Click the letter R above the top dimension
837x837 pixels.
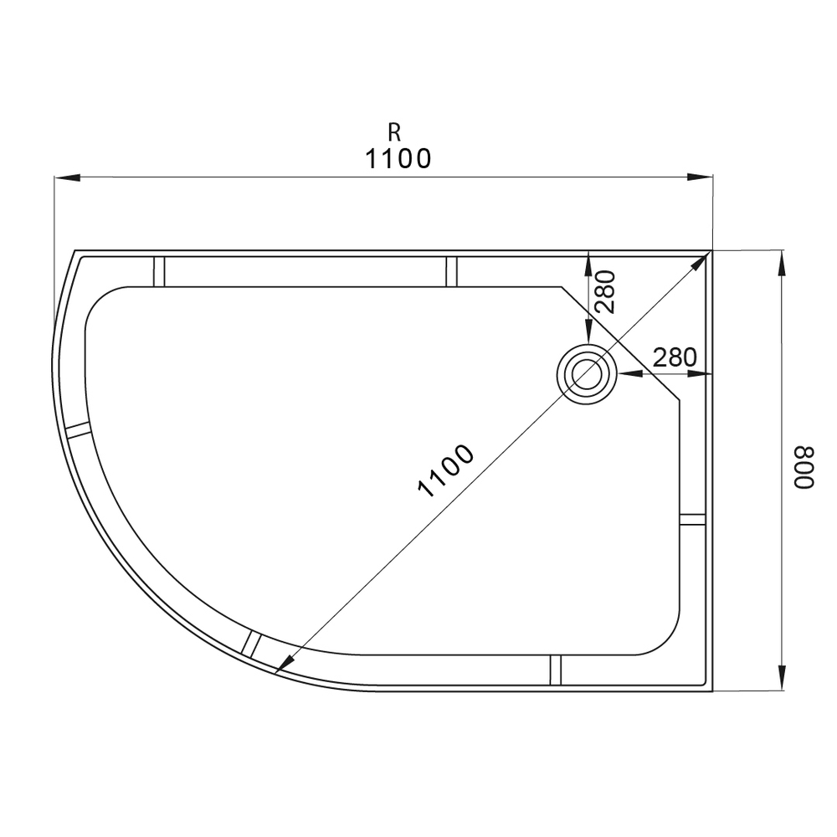click(394, 132)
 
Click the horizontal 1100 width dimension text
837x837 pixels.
click(398, 158)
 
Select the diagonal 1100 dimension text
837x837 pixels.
click(445, 470)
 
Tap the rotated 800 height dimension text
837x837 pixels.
click(804, 467)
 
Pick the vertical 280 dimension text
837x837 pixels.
click(605, 291)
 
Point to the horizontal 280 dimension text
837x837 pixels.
click(675, 357)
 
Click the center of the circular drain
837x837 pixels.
click(587, 373)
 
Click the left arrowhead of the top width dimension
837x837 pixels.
click(67, 177)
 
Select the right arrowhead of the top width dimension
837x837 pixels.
click(700, 177)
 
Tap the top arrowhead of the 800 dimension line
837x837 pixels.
click(782, 263)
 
